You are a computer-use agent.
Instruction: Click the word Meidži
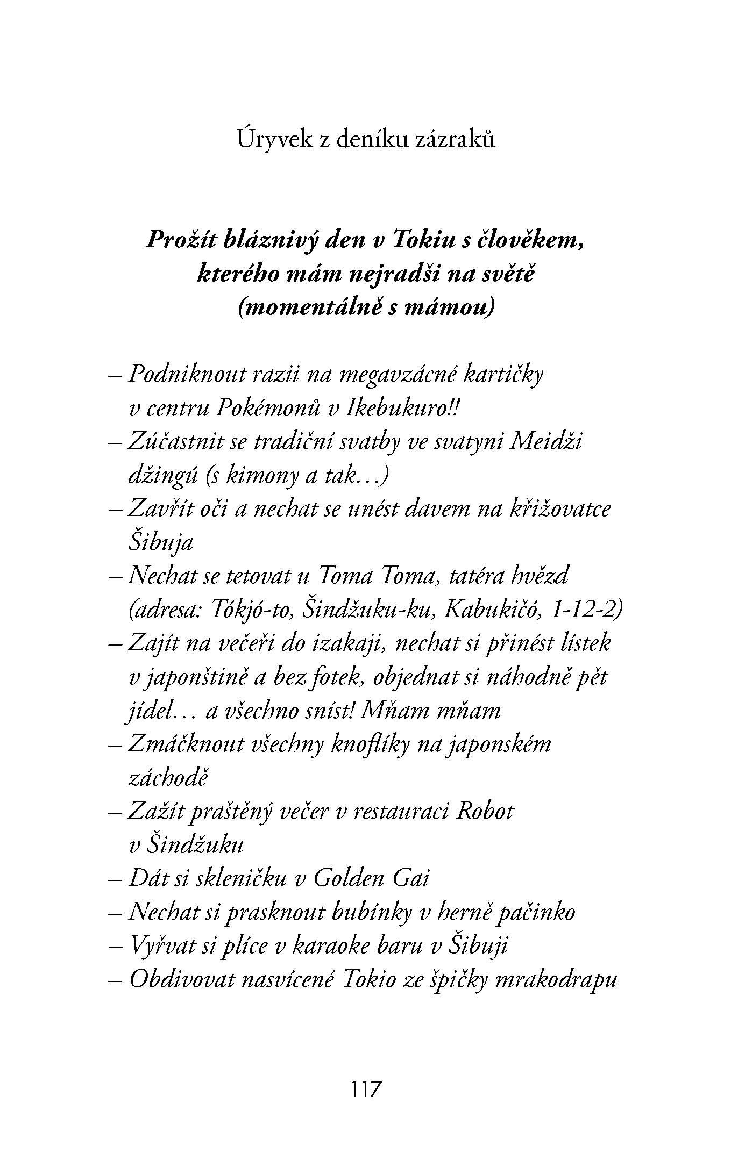click(x=545, y=442)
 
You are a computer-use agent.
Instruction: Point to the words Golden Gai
click(x=371, y=879)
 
